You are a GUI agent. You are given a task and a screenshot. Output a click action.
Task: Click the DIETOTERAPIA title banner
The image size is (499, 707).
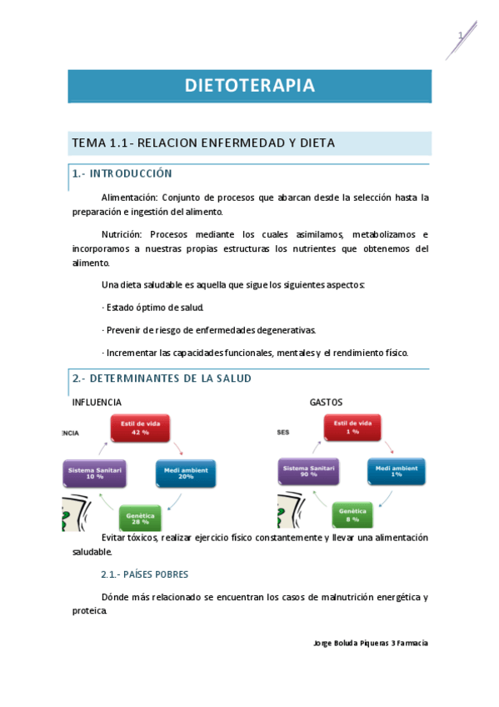pyautogui.click(x=249, y=86)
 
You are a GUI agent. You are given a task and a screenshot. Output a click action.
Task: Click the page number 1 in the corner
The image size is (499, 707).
pyautogui.click(x=459, y=35)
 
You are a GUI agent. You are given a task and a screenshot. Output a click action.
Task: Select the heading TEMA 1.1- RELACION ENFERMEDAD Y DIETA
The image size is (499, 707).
pyautogui.click(x=203, y=143)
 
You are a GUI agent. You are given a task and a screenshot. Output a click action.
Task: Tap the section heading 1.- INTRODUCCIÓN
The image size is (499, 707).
pyautogui.click(x=122, y=173)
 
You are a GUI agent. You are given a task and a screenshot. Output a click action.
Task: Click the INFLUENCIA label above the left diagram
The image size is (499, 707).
pyautogui.click(x=97, y=403)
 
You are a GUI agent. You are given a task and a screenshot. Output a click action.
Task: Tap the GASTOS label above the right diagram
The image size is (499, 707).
pyautogui.click(x=326, y=403)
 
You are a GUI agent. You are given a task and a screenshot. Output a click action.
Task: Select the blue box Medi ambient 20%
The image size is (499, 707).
pyautogui.click(x=185, y=474)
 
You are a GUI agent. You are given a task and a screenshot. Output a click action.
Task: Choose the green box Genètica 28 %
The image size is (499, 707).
pyautogui.click(x=141, y=518)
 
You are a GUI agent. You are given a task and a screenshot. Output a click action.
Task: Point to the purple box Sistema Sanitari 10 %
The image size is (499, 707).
pyautogui.click(x=95, y=474)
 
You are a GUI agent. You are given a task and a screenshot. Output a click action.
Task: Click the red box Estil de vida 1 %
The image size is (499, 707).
pyautogui.click(x=352, y=429)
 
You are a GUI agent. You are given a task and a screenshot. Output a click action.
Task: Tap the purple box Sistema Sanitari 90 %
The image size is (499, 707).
pyautogui.click(x=308, y=472)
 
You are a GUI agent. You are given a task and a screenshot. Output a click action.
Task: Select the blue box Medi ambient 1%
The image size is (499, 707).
pyautogui.click(x=397, y=472)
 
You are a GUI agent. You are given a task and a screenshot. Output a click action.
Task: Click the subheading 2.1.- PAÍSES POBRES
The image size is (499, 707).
pyautogui.click(x=144, y=574)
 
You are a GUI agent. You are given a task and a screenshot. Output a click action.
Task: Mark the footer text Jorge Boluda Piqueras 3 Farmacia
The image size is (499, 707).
pyautogui.click(x=370, y=643)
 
